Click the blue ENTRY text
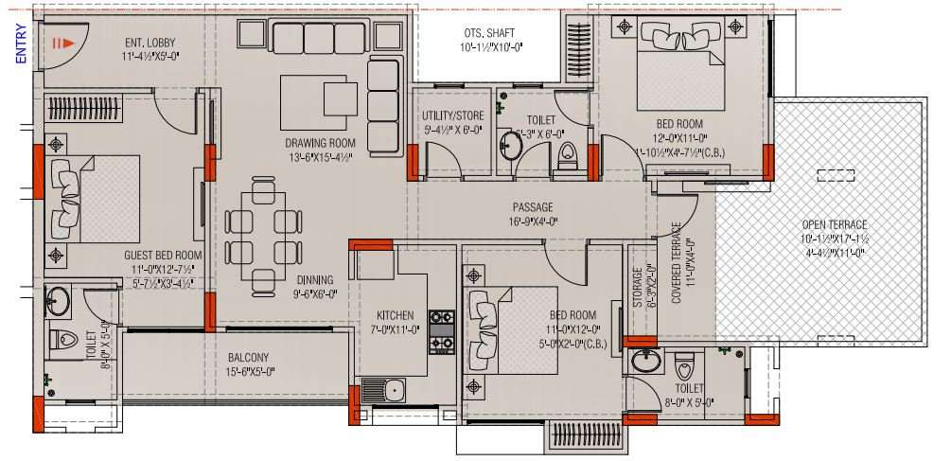(21, 44)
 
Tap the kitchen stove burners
(442, 331)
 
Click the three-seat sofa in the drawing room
(319, 41)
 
